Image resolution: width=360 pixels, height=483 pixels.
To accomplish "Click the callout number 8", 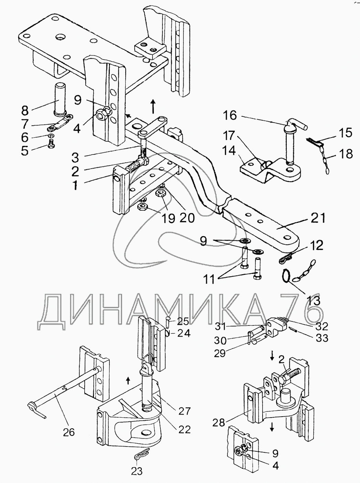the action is pyautogui.click(x=25, y=110).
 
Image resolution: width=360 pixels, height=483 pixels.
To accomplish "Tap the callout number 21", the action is pyautogui.click(x=318, y=218).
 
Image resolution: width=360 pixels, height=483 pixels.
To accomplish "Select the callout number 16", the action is pyautogui.click(x=230, y=115).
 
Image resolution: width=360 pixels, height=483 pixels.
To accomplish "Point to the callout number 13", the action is pyautogui.click(x=313, y=301).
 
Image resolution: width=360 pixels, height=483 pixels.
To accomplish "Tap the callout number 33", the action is pyautogui.click(x=322, y=338).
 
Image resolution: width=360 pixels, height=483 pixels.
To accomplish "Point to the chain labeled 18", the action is pyautogui.click(x=324, y=161).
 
